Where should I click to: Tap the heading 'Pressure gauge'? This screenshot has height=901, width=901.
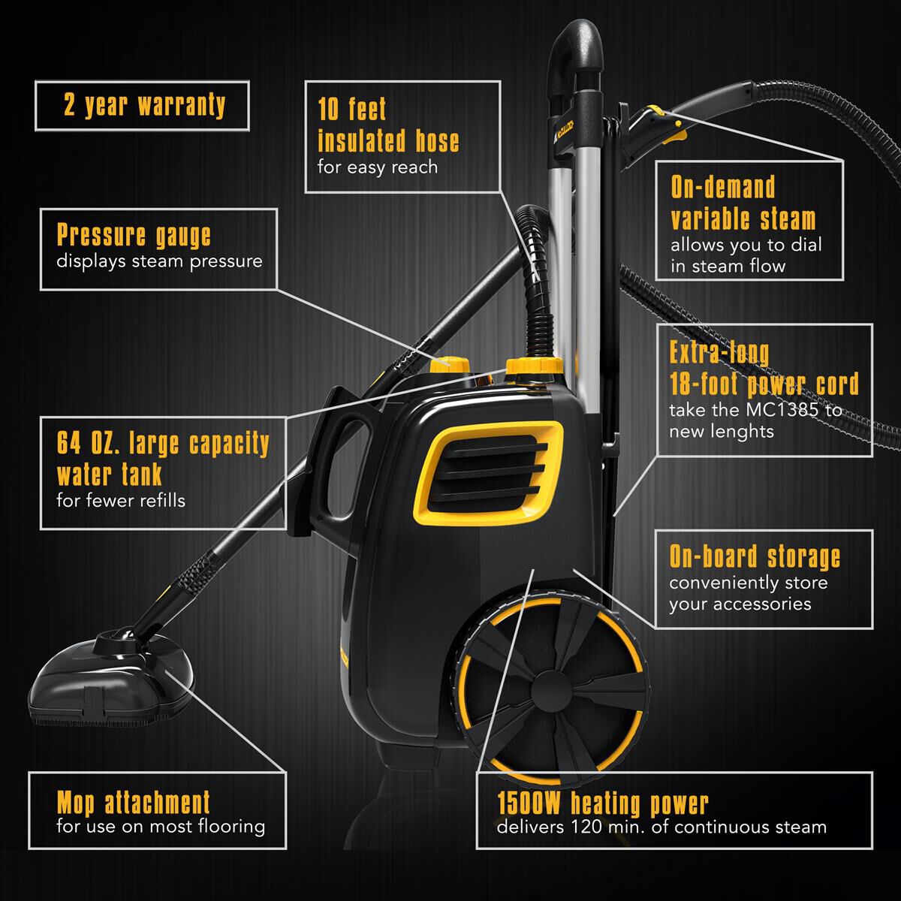point(134,235)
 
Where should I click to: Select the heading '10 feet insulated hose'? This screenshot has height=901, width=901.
point(387,125)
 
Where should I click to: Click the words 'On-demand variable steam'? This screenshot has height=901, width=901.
point(743,203)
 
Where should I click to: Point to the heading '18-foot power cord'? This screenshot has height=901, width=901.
point(764,384)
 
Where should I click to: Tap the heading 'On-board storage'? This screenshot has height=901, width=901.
point(755,557)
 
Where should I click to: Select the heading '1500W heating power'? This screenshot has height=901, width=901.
point(602,803)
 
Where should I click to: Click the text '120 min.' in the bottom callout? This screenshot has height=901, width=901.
point(595,827)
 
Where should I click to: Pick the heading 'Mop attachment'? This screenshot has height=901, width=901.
point(134,803)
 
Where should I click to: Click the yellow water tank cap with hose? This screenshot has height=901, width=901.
point(534,366)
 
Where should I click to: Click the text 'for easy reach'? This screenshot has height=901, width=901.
point(377,167)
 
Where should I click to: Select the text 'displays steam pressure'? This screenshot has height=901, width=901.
point(159,261)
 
